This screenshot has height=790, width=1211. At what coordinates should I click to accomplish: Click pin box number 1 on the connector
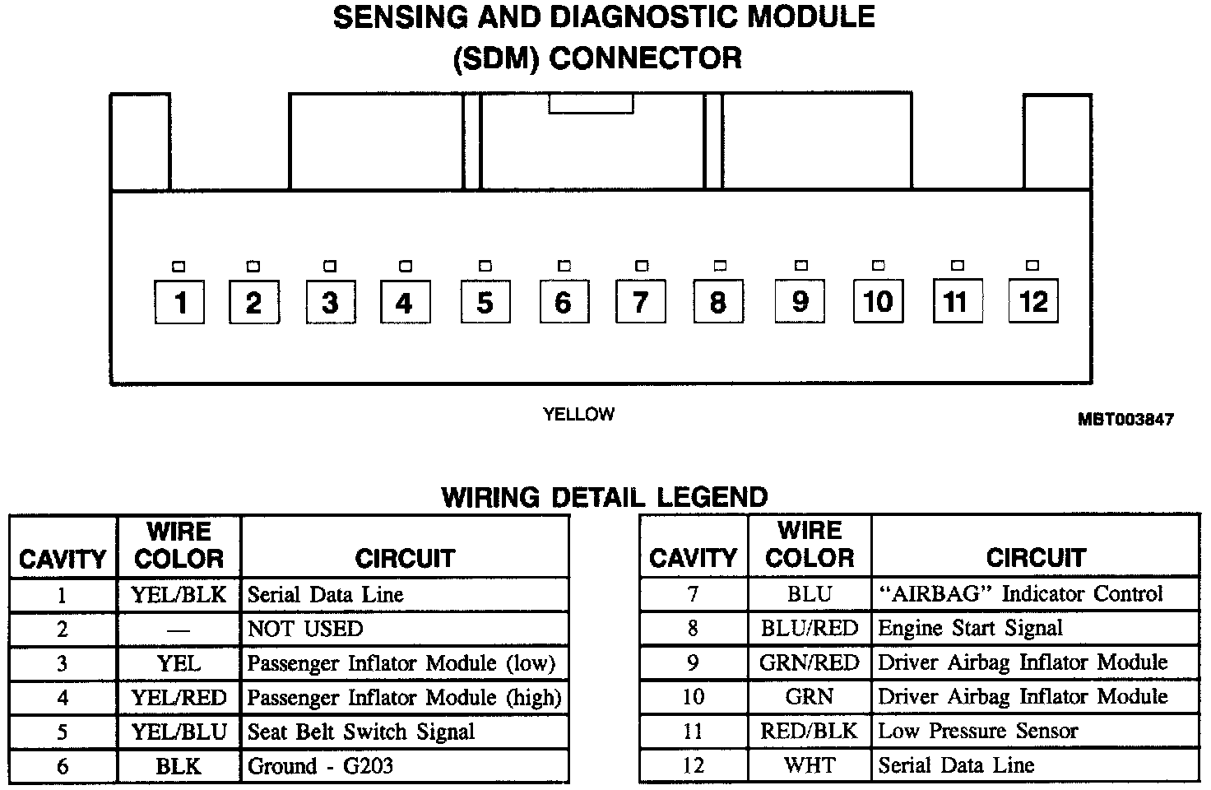click(179, 302)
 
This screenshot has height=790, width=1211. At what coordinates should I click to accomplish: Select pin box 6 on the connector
click(564, 302)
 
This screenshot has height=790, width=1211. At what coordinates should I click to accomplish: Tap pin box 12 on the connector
click(1033, 301)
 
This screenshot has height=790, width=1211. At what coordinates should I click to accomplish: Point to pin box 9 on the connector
click(800, 301)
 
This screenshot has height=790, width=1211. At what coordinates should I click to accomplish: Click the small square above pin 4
click(405, 267)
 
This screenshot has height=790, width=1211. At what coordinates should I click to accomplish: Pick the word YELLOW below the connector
click(578, 414)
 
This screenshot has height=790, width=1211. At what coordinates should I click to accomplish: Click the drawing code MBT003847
click(1125, 419)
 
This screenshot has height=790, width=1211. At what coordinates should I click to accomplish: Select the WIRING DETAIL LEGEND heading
click(605, 497)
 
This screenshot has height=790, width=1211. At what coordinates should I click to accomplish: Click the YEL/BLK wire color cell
click(179, 594)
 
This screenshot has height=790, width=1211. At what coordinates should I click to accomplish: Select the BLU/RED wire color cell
click(810, 628)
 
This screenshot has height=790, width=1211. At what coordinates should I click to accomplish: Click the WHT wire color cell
click(810, 765)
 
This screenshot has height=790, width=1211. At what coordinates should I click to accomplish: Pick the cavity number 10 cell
click(693, 697)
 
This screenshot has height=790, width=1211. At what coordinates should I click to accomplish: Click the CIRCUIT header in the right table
click(1035, 558)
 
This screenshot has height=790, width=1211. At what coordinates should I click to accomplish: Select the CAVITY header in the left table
click(63, 560)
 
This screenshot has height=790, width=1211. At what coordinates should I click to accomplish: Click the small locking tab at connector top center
click(591, 104)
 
